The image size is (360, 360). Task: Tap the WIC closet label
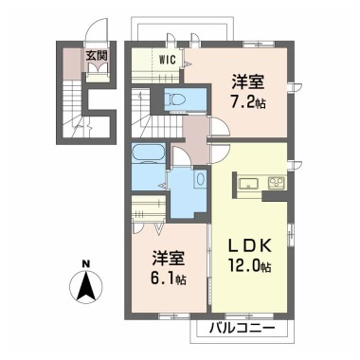point(167,59)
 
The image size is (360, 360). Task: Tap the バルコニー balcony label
point(242,328)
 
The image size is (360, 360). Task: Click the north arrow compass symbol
point(86,285)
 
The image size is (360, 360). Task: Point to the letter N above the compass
point(86,263)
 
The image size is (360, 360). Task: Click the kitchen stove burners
point(276,182)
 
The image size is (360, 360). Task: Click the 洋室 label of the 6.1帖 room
point(166,258)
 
